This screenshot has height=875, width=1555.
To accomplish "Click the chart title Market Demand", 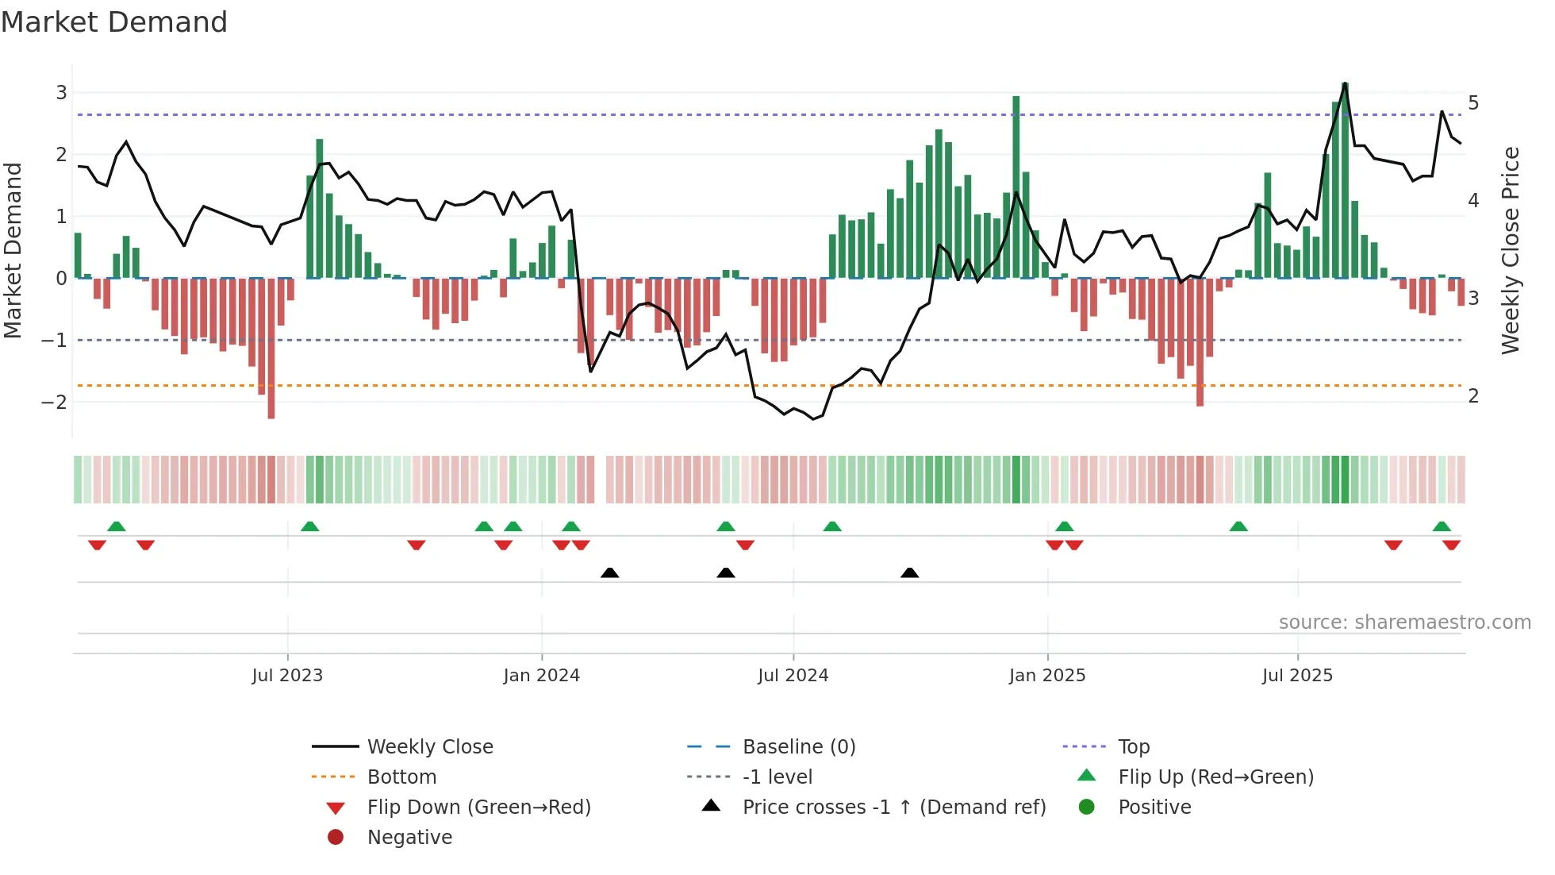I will click(114, 22).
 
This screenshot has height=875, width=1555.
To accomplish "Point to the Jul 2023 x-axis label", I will click(287, 676).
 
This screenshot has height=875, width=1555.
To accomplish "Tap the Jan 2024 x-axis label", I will click(542, 676).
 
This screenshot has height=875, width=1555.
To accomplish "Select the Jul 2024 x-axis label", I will click(793, 676).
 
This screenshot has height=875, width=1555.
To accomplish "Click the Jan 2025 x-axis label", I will click(1047, 676).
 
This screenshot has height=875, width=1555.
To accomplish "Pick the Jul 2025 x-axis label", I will click(1297, 676).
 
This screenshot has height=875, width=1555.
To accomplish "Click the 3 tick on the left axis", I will click(61, 93).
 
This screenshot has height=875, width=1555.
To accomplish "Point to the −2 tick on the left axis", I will click(54, 402).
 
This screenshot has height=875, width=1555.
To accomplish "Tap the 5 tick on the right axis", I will click(1473, 103).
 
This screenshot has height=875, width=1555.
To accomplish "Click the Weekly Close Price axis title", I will click(1511, 250).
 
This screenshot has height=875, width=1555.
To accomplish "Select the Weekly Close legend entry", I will click(429, 747).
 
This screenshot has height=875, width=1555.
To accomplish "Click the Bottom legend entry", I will click(401, 777).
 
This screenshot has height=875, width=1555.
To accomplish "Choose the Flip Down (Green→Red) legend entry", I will click(478, 808).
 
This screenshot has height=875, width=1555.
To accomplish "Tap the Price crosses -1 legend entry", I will click(893, 808).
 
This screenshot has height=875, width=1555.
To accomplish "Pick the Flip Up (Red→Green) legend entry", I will click(1215, 777).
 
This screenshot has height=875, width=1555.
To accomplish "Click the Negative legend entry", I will click(409, 838).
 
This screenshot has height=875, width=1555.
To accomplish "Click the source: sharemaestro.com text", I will click(1404, 623).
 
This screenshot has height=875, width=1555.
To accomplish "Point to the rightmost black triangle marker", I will click(910, 573).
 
